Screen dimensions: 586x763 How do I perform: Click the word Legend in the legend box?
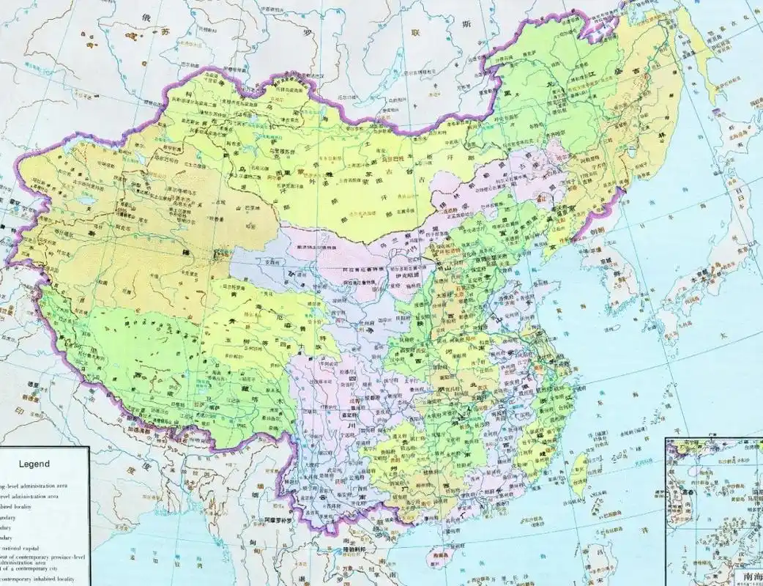coord(34,464)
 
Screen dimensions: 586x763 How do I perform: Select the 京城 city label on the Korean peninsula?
coord(605,261)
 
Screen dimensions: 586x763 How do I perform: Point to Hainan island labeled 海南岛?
coord(440,556)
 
